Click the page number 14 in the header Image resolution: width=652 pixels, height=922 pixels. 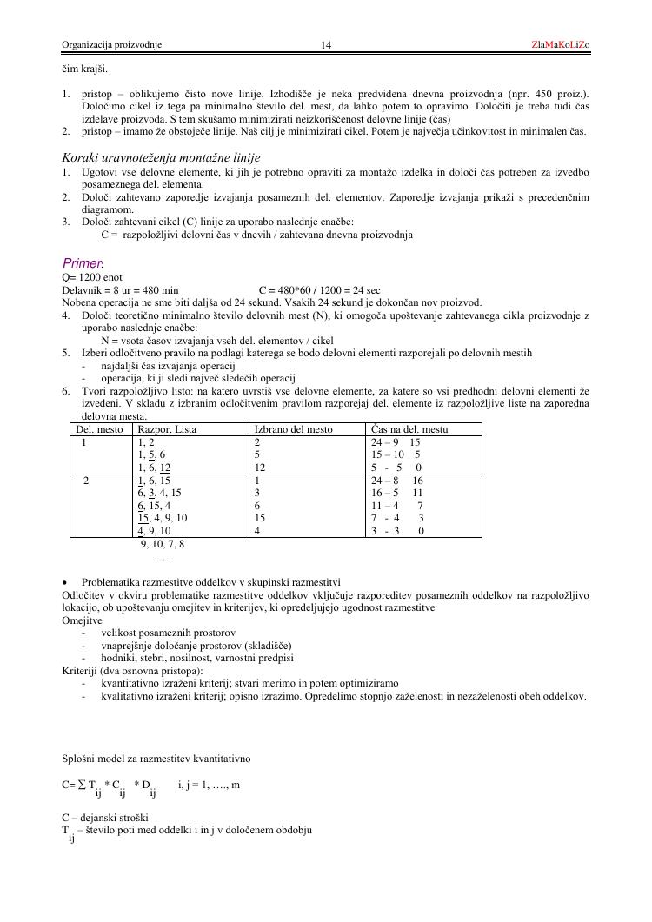tap(326, 45)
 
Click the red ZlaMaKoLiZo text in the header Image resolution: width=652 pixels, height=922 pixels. tap(561, 44)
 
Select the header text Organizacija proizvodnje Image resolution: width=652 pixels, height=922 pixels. tap(111, 45)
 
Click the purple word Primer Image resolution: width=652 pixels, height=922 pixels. tap(83, 263)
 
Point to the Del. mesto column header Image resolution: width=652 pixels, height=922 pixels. tap(99, 429)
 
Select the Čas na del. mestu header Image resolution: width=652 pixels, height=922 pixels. tap(409, 429)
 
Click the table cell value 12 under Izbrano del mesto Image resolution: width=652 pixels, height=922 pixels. tap(260, 467)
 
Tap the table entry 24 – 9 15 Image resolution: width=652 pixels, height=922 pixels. tap(396, 441)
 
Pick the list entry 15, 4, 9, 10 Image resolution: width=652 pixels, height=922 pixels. tap(163, 518)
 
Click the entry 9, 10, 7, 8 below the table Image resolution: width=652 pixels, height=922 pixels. tap(162, 545)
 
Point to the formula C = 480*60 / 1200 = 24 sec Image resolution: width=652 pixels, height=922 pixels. tap(320, 289)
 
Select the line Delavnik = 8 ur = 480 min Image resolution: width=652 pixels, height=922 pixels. tap(120, 289)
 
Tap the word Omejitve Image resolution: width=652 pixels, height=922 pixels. tap(82, 620)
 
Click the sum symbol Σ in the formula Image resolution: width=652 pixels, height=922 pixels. tap(81, 785)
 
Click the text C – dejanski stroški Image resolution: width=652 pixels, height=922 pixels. tap(105, 817)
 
